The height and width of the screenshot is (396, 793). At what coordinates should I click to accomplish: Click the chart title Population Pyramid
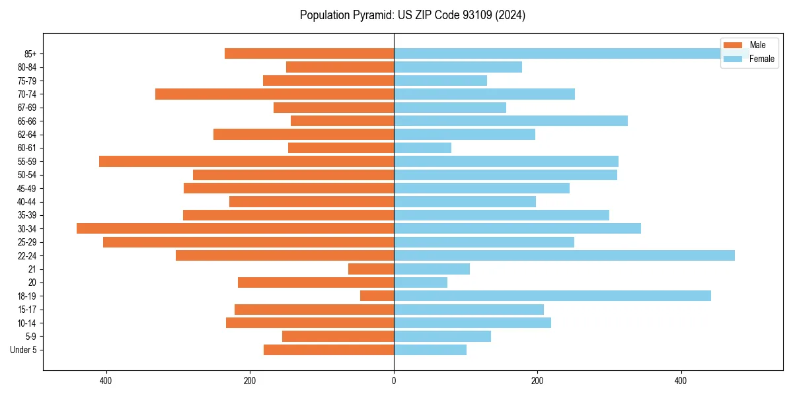pos(412,15)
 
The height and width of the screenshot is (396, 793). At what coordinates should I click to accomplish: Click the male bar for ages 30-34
pos(235,228)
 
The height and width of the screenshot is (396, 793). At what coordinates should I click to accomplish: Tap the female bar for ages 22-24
pos(564,255)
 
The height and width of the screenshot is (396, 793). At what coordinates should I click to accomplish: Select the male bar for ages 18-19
pos(377,296)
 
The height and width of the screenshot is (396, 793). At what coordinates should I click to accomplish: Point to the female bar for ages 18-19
pos(552,296)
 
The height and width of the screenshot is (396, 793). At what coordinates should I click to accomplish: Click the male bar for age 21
pos(371,269)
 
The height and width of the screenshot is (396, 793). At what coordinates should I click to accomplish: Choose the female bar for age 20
pos(420,282)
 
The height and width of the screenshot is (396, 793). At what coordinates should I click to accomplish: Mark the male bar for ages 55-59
pos(246,161)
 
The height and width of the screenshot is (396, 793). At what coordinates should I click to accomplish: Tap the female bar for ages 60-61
pos(422,148)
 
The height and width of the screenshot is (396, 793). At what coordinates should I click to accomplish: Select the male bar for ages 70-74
pos(274,94)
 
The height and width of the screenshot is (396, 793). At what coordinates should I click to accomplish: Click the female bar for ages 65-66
pos(510,121)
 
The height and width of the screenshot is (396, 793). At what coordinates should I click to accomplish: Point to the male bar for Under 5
pos(328,350)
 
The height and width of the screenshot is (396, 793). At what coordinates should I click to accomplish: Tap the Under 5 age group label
pos(23,350)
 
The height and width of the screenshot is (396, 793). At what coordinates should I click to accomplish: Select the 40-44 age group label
pos(26,201)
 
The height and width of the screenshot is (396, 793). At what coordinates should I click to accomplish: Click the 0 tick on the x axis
pos(394,381)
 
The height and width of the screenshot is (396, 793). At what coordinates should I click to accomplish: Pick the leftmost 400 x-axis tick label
pos(106,381)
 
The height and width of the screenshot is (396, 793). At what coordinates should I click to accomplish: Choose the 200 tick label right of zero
pos(537,381)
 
